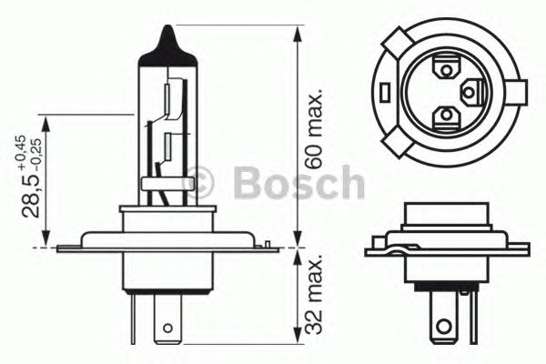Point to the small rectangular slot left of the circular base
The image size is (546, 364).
pos(386,92)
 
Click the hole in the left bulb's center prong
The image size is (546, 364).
pos(167,324)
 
